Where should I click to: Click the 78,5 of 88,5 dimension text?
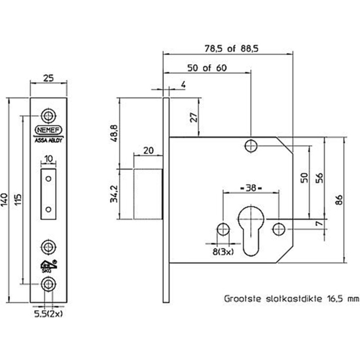(x=253, y=46)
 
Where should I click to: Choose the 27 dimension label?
(x=192, y=118)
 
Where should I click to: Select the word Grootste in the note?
(x=242, y=299)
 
